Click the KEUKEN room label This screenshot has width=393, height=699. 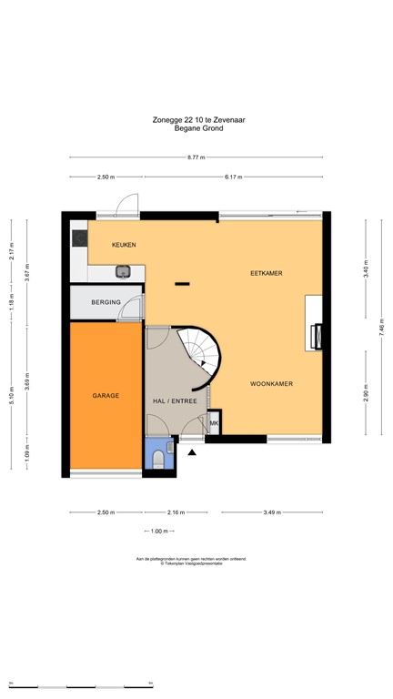124,246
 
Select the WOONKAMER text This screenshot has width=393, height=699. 271,385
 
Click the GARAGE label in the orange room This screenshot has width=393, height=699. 106,396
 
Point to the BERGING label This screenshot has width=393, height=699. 106,301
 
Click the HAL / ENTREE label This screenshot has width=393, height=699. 175,400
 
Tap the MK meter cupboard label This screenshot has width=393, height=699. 215,424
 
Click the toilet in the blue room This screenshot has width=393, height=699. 159,459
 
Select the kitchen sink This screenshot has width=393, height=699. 124,270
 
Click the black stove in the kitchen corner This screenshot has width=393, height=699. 78,238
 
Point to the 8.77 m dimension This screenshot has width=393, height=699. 196,157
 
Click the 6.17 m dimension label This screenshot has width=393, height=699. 234,177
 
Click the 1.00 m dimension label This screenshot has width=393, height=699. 161,532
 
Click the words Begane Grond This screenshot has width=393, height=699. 198,128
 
